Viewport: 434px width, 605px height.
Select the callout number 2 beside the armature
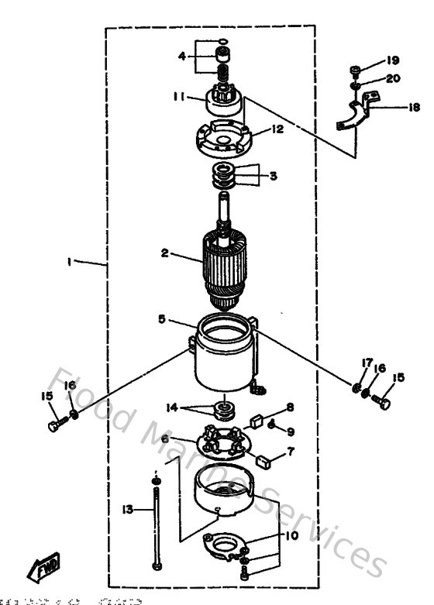coord(164,253)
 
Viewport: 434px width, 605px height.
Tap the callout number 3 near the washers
coord(273,176)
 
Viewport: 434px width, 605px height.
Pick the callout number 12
coord(277,130)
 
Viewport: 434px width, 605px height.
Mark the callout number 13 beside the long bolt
coord(128,509)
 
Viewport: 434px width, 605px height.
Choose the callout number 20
coord(393,78)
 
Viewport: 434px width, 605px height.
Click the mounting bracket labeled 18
coord(355,114)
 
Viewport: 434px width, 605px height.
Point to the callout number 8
coord(290,406)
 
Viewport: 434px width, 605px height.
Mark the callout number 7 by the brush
coord(291,450)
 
